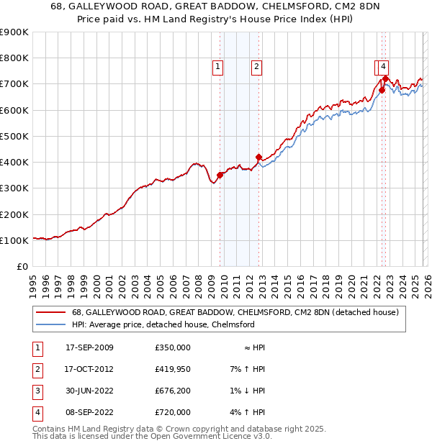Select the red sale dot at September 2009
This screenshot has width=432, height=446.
point(220,175)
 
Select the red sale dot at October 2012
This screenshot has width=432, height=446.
point(258,157)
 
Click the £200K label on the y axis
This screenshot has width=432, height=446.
point(15,214)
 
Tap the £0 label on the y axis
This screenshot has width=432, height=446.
point(22,267)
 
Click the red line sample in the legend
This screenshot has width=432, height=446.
point(51,313)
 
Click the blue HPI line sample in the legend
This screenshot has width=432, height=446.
point(51,325)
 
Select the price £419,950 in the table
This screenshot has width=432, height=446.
point(172,369)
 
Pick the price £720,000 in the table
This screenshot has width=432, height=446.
point(172,412)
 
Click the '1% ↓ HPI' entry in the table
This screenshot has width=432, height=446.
point(251,391)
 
